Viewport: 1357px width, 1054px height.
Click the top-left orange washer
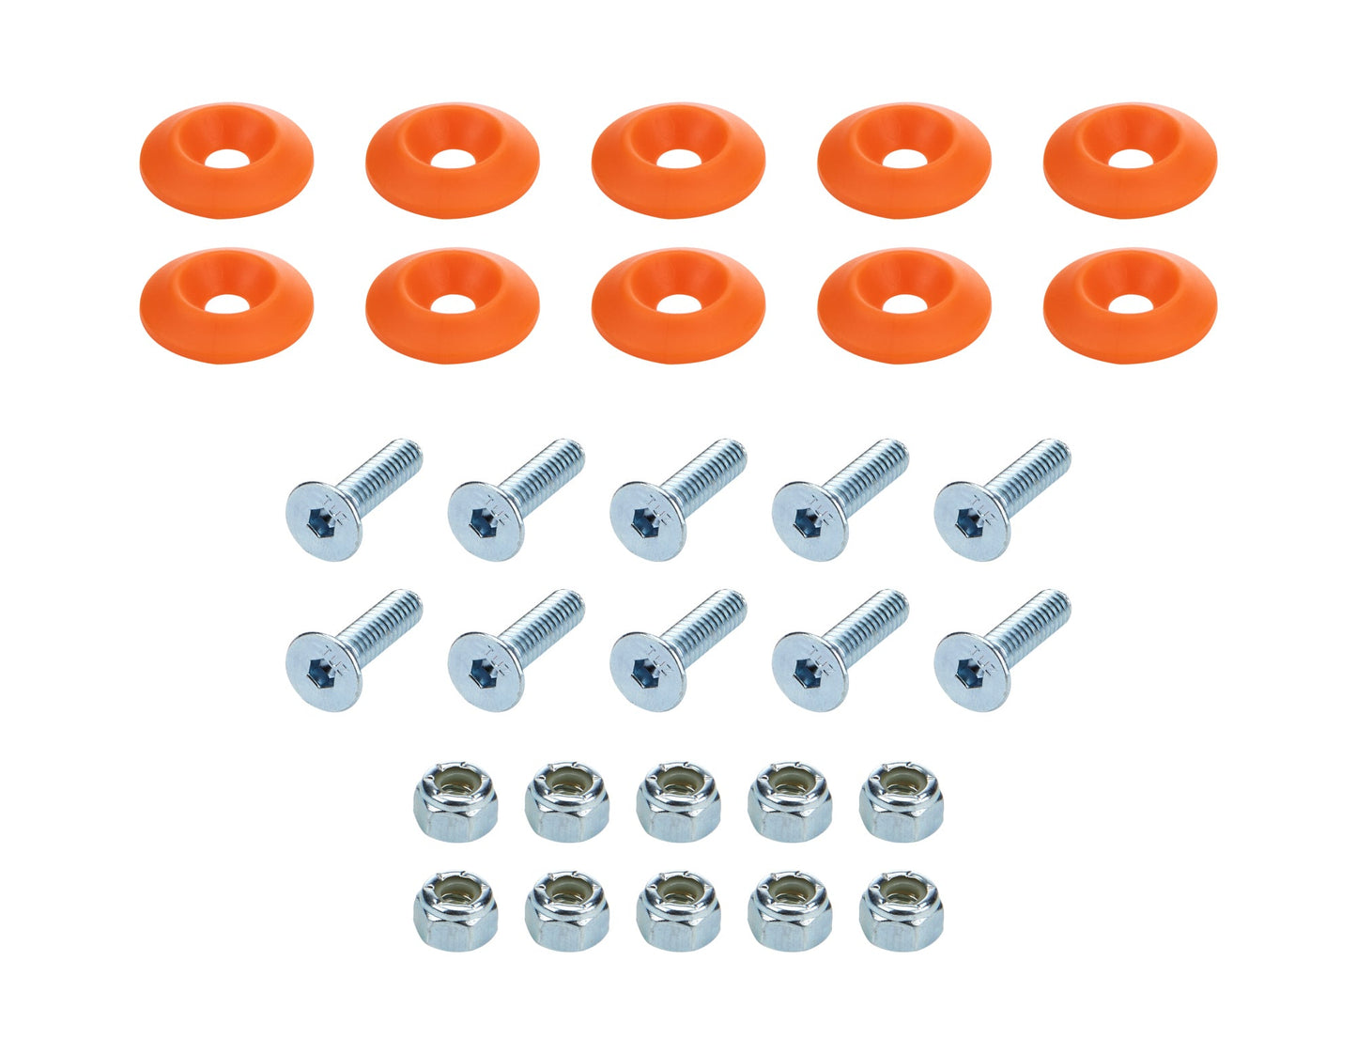[x=225, y=160]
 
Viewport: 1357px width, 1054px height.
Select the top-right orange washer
[x=1129, y=160]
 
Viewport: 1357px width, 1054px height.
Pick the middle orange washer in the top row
[x=678, y=160]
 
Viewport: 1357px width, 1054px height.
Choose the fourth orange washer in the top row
[x=903, y=160]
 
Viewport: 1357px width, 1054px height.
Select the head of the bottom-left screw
[x=323, y=671]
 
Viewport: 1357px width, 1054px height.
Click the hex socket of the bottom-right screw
[x=970, y=671]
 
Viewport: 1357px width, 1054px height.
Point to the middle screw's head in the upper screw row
[x=647, y=520]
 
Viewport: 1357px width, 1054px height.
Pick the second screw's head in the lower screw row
[x=486, y=671]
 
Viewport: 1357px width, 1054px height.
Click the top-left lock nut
[x=455, y=802]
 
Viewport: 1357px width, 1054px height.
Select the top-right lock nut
[x=901, y=802]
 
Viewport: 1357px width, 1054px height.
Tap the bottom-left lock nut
[x=455, y=910]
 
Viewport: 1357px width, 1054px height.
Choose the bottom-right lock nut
[x=901, y=910]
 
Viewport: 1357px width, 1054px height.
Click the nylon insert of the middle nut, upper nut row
[x=678, y=783]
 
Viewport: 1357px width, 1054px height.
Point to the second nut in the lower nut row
[x=567, y=910]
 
